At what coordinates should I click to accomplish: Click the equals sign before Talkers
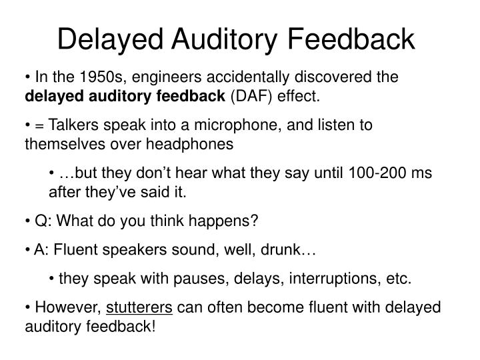tap(37, 126)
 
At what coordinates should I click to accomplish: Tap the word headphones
tap(196, 143)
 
